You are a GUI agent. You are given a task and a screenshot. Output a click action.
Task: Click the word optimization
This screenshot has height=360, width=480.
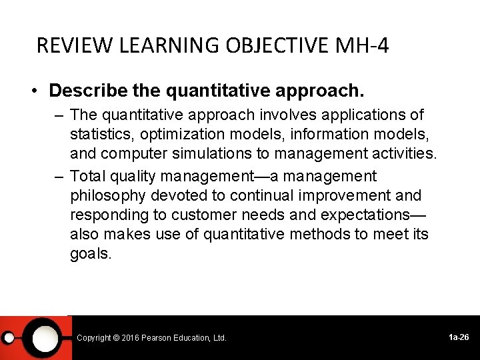tap(179, 135)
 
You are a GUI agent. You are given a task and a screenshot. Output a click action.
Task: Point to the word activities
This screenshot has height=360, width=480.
tap(402, 154)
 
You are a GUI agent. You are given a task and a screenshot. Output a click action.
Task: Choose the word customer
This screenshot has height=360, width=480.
tap(204, 215)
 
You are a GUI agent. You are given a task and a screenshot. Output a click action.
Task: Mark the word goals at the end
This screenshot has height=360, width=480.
tap(91, 254)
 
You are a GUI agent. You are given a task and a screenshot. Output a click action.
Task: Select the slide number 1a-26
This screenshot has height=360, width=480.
tap(459, 337)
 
